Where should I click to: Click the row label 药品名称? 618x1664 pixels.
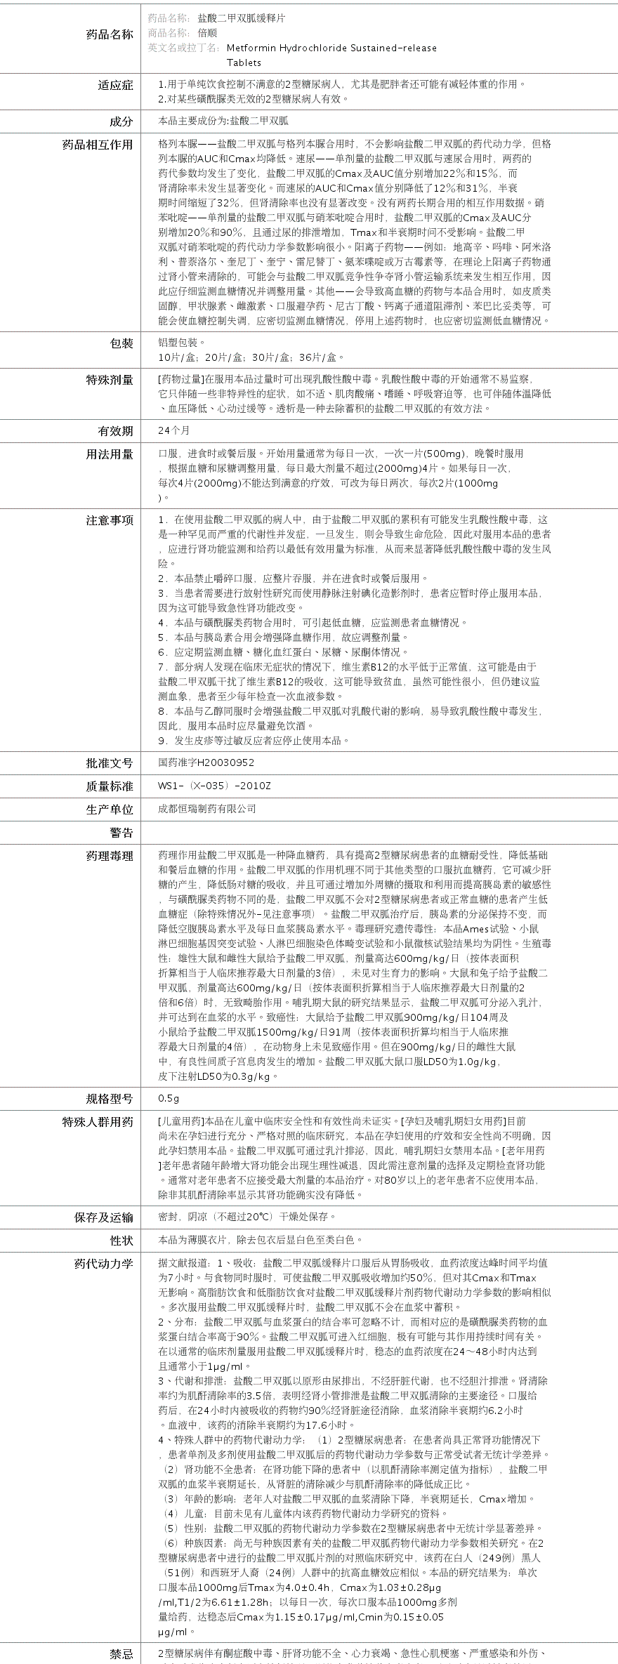(109, 34)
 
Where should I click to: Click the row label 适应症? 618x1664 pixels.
(115, 86)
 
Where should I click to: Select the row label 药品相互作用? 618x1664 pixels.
(98, 145)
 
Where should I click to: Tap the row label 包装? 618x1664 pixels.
(121, 343)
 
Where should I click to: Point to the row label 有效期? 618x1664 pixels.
(115, 431)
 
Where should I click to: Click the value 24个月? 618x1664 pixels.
(174, 430)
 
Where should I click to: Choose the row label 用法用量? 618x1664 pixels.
(109, 454)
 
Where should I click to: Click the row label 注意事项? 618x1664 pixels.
(109, 520)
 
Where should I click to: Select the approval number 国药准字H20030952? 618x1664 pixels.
(206, 762)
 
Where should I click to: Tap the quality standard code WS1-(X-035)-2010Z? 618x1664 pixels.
(214, 786)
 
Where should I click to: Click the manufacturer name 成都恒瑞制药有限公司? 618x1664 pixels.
(207, 809)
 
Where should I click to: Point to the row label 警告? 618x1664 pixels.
(121, 833)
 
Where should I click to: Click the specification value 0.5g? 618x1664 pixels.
(169, 1098)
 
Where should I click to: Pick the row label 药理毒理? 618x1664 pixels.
(109, 856)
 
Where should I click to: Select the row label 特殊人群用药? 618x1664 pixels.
(98, 1122)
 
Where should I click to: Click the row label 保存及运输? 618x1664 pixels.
(103, 1217)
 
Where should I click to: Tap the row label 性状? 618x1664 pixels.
(121, 1241)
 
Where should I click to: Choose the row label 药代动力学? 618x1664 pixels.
(103, 1264)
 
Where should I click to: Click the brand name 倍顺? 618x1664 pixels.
(207, 32)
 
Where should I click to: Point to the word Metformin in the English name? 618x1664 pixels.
(251, 48)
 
